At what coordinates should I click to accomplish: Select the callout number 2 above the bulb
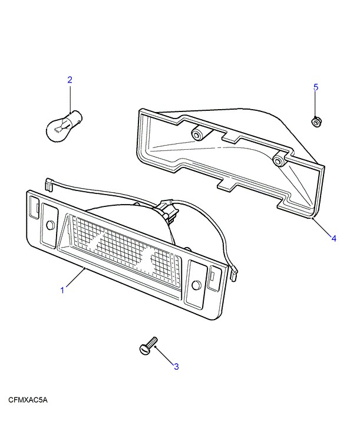[x=70, y=80]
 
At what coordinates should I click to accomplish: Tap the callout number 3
[x=176, y=366]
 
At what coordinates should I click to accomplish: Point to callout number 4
[x=333, y=238]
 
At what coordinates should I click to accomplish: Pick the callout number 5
[x=316, y=87]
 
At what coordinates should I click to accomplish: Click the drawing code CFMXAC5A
[x=28, y=400]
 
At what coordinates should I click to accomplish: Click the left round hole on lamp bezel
[x=51, y=225]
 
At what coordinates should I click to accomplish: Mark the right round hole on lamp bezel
[x=196, y=285]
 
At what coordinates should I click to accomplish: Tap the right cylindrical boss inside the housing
[x=279, y=160]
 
